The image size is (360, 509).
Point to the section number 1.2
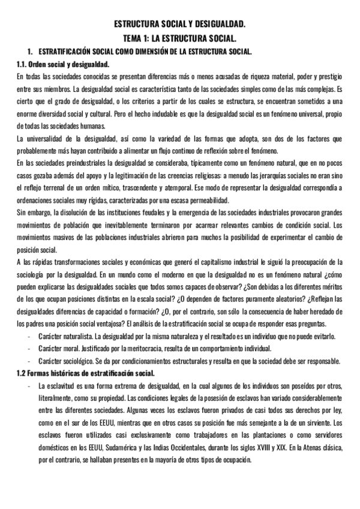pos(23,373)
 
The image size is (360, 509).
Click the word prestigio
pos(328,76)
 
